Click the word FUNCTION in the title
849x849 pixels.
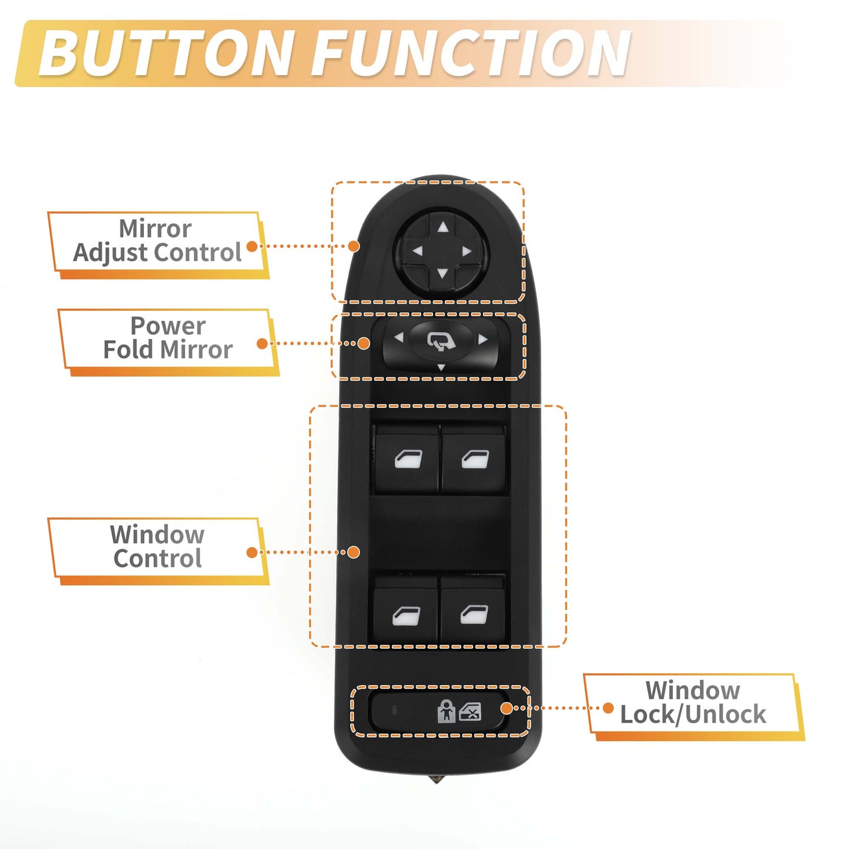pos(471,53)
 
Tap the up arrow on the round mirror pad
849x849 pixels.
pos(443,227)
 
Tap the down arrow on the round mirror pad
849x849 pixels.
pos(442,274)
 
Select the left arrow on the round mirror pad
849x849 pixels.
pos(417,251)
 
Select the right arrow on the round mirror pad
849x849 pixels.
pos(467,251)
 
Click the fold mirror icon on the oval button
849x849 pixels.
pos(441,341)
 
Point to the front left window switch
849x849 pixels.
pos(407,459)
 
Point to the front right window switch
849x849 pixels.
pos(474,459)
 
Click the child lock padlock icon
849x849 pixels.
pos(446,711)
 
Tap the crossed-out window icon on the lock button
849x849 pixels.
pos(470,712)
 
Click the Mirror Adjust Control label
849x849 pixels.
pos(157,240)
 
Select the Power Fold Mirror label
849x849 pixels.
pos(167,338)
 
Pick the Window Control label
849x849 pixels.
pos(157,546)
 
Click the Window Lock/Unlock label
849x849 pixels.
pos(693,702)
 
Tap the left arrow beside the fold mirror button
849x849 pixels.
pos(399,337)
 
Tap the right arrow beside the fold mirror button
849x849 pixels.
pos(483,339)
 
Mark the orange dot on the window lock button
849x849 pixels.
pos(507,708)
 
